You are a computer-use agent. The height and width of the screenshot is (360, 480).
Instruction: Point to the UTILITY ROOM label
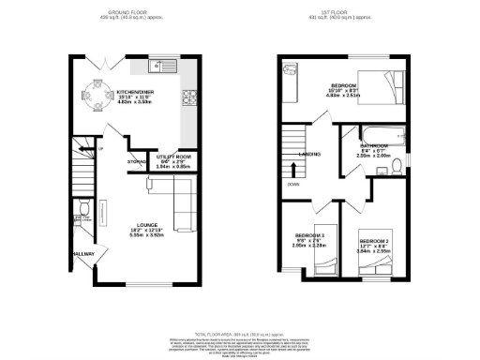[172, 158]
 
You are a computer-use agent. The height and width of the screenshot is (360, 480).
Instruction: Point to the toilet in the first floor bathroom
[397, 167]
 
